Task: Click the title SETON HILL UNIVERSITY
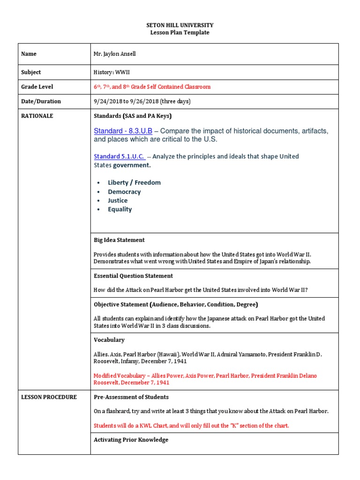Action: (x=180, y=25)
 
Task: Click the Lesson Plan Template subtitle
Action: (x=180, y=32)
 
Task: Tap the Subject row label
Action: (x=31, y=72)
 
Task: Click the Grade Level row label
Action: (x=37, y=87)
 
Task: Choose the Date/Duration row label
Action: (x=41, y=101)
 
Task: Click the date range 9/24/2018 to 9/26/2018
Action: (x=142, y=101)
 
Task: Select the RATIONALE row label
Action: (x=37, y=116)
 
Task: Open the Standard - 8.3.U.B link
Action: (x=123, y=131)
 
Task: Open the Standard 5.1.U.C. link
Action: (x=120, y=156)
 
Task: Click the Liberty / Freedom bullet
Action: (x=134, y=182)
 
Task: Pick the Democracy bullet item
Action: (x=124, y=192)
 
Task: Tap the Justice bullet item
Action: (x=118, y=201)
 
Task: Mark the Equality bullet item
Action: (x=120, y=210)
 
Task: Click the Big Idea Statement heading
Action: (x=119, y=240)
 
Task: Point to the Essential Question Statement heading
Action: (x=133, y=276)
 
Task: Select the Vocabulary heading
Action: (x=109, y=340)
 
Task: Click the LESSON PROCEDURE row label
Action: (x=49, y=397)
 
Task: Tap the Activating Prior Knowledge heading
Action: (x=131, y=440)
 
